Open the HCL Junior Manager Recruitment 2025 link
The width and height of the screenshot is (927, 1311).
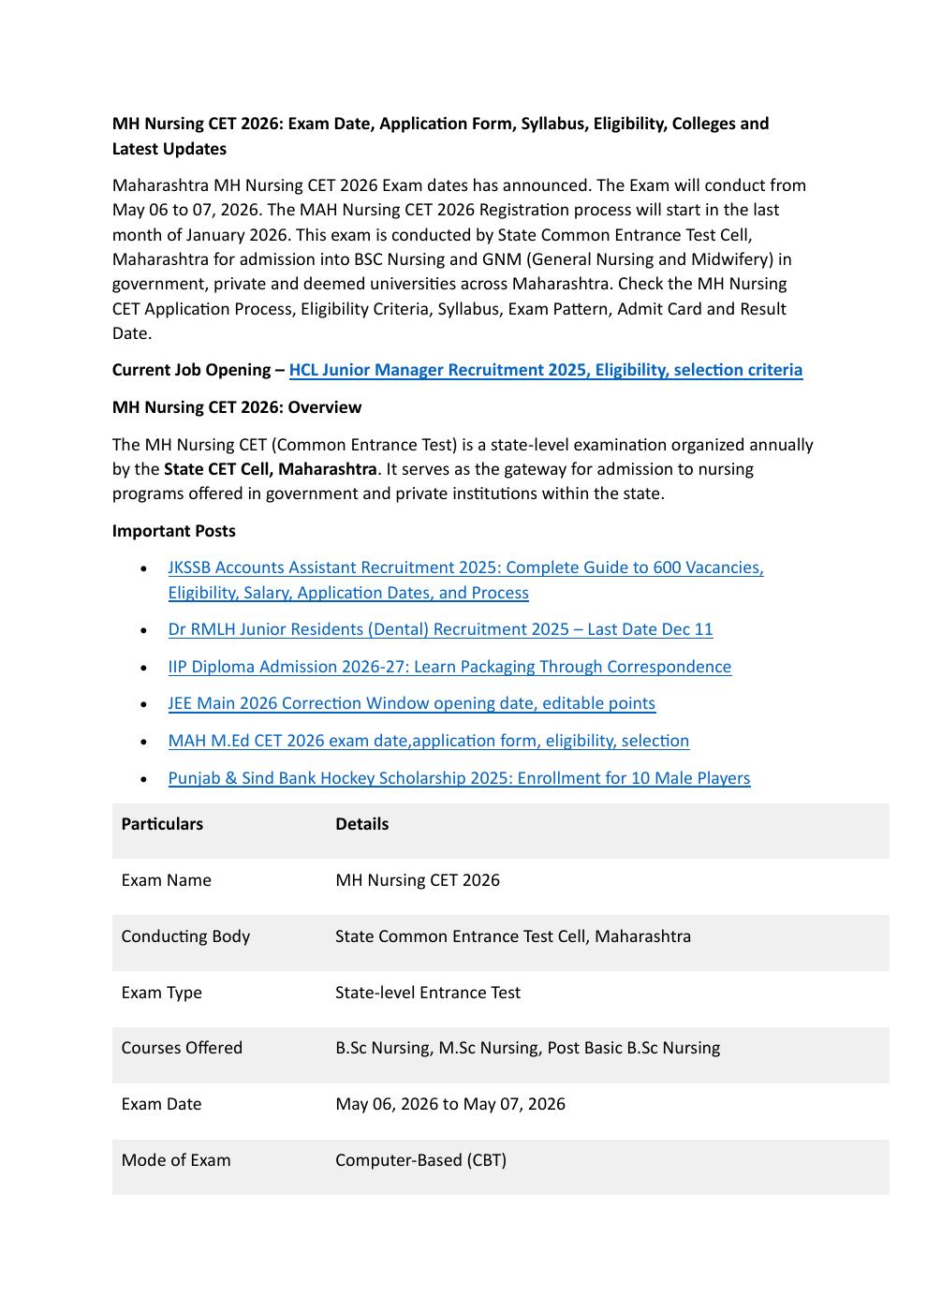(x=545, y=370)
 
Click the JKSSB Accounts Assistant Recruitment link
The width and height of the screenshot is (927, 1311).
(x=465, y=567)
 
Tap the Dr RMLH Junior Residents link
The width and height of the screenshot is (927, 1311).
(x=440, y=629)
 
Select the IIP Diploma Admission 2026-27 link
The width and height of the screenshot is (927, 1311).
(x=449, y=667)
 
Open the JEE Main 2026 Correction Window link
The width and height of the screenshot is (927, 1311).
(x=411, y=703)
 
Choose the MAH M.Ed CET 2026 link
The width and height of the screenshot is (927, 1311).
(x=428, y=741)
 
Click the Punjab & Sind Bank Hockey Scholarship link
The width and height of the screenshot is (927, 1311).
(x=459, y=778)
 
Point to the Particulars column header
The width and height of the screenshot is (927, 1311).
(x=162, y=824)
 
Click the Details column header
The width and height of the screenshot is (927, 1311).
(x=361, y=824)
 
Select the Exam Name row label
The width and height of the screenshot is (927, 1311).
(x=166, y=880)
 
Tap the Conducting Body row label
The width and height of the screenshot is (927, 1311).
(x=185, y=936)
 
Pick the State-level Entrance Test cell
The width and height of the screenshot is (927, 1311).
(x=427, y=993)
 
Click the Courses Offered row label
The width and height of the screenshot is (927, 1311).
(x=182, y=1048)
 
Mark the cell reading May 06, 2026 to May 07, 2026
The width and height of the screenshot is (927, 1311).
(x=449, y=1104)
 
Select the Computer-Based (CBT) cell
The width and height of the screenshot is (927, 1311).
(x=420, y=1160)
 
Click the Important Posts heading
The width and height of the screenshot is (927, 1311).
(x=173, y=531)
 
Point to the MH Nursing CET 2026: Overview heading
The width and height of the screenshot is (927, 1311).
(x=236, y=407)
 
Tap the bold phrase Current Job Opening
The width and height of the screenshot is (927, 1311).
(x=192, y=370)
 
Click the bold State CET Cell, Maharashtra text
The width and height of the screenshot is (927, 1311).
(x=270, y=469)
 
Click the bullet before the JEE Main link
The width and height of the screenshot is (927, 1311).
(x=142, y=703)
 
